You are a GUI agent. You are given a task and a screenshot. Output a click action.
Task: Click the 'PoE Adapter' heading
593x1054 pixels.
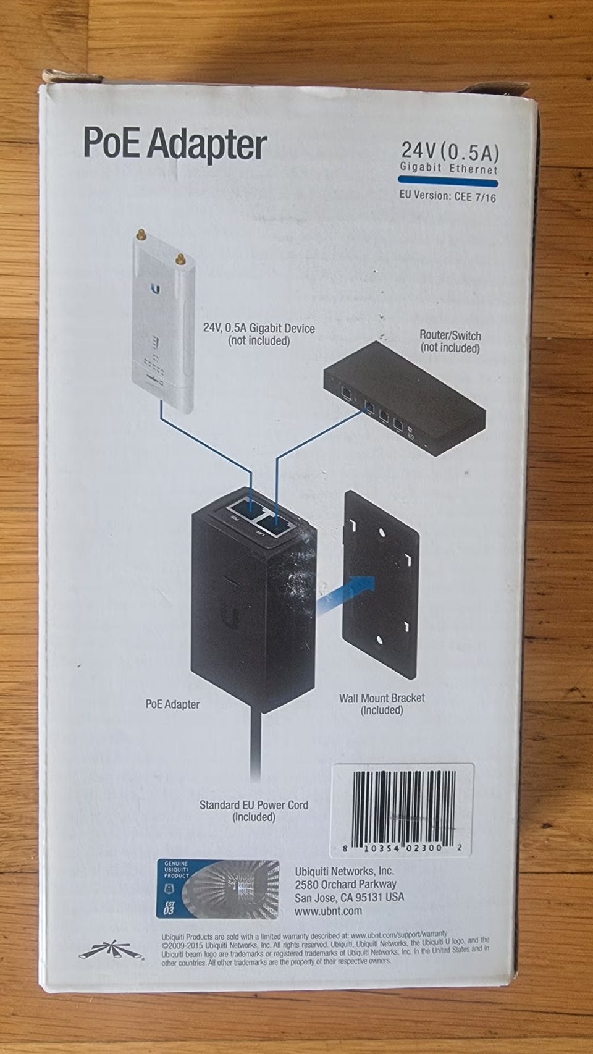point(175,143)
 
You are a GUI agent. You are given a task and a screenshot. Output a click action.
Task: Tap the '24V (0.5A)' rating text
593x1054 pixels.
point(450,150)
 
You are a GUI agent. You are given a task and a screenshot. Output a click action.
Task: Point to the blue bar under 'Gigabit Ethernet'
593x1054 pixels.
point(448,182)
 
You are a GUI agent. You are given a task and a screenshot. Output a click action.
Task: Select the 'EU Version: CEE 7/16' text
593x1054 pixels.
point(447,197)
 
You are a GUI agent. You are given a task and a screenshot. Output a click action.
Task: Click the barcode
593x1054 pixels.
point(403,811)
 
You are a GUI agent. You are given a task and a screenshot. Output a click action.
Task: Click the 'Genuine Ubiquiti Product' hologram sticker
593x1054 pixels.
point(217,889)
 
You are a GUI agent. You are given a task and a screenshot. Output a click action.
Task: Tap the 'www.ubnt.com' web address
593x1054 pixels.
point(328,911)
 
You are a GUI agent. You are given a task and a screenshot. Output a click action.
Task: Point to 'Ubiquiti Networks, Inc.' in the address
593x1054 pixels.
point(344,871)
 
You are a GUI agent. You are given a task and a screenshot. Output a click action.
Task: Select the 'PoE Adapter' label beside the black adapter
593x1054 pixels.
point(172,704)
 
